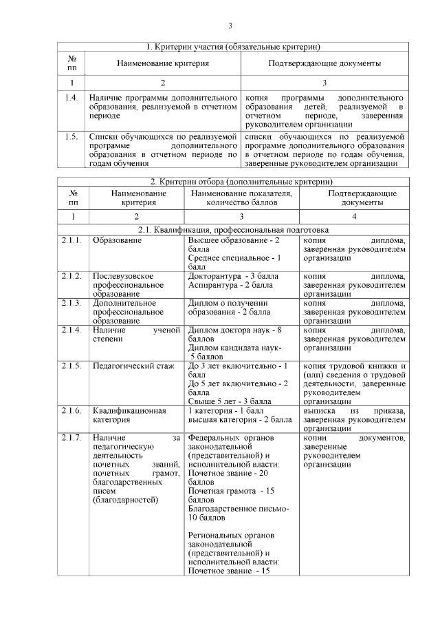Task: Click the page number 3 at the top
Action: tap(230, 26)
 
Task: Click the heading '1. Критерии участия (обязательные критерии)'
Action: tap(234, 47)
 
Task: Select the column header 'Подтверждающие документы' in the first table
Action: tap(324, 63)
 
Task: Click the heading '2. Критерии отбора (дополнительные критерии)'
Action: tap(234, 181)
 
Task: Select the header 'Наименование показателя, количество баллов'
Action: tap(241, 198)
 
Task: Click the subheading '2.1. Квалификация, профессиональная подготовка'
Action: tap(234, 229)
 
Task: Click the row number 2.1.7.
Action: tap(72, 438)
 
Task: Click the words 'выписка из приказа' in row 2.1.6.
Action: tap(353, 411)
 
